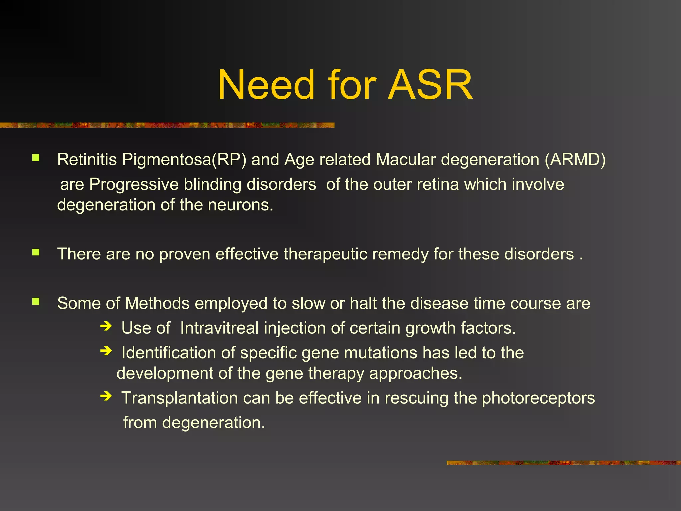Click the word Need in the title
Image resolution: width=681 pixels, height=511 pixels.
[x=266, y=85]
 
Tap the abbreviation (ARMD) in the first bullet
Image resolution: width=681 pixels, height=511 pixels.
[x=575, y=160]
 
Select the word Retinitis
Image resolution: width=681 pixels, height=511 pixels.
[x=87, y=160]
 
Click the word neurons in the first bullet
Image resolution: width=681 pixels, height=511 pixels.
[x=240, y=205]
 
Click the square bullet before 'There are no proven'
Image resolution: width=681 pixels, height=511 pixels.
[x=36, y=253]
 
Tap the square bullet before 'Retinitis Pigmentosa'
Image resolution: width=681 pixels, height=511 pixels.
[x=36, y=158]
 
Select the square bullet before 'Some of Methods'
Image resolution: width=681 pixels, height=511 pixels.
[x=36, y=302]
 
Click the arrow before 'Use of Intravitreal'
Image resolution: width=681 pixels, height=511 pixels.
[x=106, y=326]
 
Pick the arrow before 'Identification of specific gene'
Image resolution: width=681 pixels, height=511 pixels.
[x=106, y=351]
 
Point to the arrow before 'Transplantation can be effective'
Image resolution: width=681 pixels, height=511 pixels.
[x=106, y=396]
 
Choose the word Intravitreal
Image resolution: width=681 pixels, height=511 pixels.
[x=219, y=328]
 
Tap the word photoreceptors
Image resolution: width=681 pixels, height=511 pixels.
[x=538, y=398]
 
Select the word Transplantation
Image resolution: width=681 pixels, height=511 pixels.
[x=180, y=398]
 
